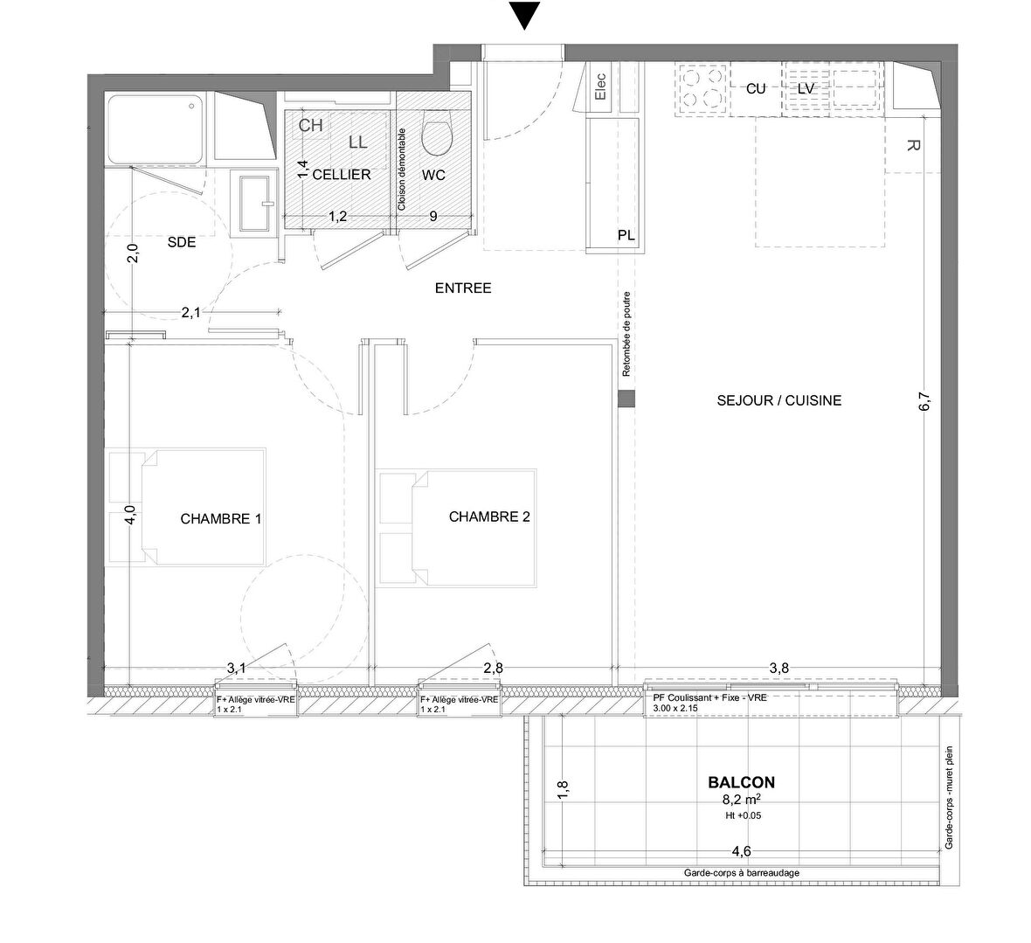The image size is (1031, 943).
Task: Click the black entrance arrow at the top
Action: click(523, 16)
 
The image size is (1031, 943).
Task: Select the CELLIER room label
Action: click(341, 175)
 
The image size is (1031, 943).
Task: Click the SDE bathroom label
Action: click(182, 244)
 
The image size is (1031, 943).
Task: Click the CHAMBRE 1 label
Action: click(221, 518)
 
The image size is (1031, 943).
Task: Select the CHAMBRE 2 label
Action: click(489, 517)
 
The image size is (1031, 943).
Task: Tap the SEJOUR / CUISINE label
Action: click(778, 400)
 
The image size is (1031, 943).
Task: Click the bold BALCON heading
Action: click(741, 783)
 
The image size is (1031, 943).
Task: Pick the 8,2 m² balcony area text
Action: click(741, 799)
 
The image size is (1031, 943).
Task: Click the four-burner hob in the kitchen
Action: click(701, 87)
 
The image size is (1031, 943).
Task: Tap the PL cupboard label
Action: click(626, 236)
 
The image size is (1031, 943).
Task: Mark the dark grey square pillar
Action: click(626, 399)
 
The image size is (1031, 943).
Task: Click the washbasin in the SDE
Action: click(250, 203)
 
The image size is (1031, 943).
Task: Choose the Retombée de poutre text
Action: click(626, 335)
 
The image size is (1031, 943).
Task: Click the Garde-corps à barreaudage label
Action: click(741, 873)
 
